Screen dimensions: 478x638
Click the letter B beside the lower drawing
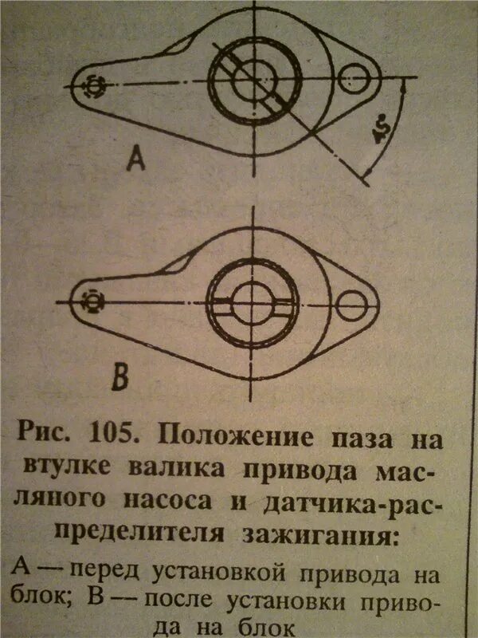(x=120, y=377)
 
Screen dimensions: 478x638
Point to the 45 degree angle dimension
(x=381, y=132)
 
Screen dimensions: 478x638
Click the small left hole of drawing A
(x=93, y=85)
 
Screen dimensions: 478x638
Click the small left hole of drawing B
(x=92, y=301)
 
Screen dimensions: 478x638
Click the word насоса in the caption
(x=171, y=501)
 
